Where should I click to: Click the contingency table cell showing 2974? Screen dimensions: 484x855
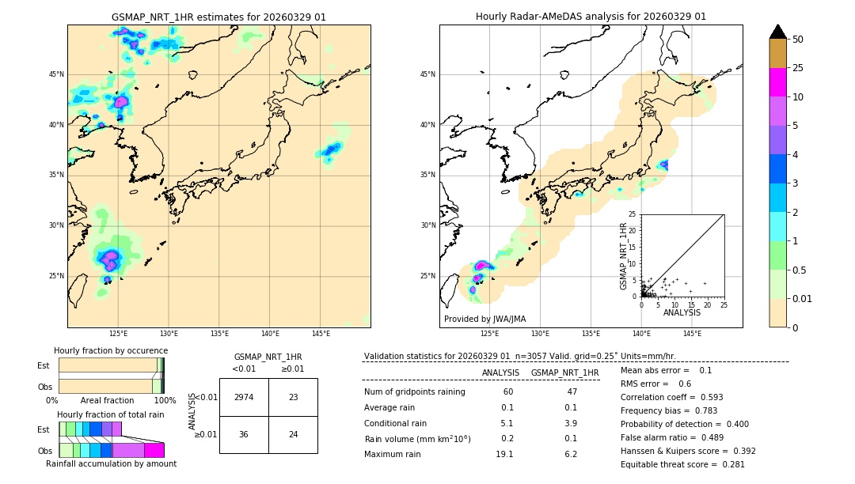click(244, 397)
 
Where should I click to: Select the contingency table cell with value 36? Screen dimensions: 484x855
click(244, 434)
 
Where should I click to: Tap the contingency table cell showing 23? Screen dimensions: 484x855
click(293, 397)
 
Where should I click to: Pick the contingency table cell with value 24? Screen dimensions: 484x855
click(293, 434)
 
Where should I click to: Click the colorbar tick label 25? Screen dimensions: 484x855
click(798, 68)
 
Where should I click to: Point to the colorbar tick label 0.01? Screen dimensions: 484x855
click(803, 298)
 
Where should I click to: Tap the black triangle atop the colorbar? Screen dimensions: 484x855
click(777, 32)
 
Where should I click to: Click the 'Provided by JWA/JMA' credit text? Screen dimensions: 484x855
click(484, 319)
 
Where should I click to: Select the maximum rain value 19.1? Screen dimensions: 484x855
click(504, 454)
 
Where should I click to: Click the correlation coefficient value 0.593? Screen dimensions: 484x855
click(707, 397)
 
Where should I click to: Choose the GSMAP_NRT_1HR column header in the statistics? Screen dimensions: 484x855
click(564, 372)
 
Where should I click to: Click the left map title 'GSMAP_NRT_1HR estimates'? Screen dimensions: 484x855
click(218, 17)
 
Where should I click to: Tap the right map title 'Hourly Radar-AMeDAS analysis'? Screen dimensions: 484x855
click(591, 17)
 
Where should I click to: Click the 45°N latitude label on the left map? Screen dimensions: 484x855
click(56, 75)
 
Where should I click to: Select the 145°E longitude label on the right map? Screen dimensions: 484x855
click(692, 334)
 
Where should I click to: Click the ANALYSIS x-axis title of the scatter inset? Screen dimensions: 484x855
click(682, 312)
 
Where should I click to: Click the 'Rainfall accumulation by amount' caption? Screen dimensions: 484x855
click(112, 464)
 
